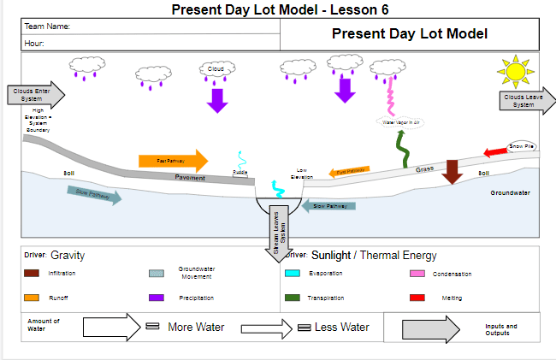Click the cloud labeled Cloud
click(x=216, y=68)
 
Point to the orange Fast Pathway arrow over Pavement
click(x=173, y=160)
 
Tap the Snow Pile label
click(x=523, y=147)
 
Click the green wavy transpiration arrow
click(x=402, y=148)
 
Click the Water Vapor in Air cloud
click(x=402, y=122)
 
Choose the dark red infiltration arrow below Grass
click(x=452, y=170)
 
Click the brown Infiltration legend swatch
click(x=32, y=274)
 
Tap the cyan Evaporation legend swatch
click(x=292, y=274)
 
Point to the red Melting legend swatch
click(x=417, y=298)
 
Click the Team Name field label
click(x=47, y=27)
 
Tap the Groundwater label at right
click(x=510, y=193)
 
